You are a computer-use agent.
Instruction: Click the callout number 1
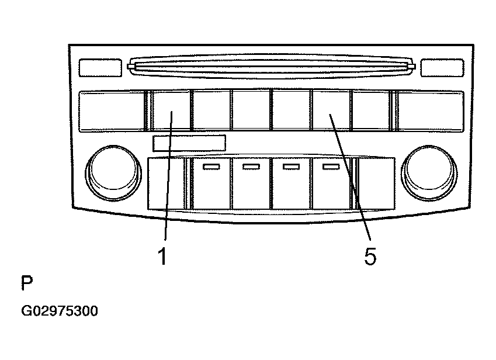(x=162, y=256)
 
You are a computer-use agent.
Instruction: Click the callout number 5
(x=370, y=256)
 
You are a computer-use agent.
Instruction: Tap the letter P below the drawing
(x=27, y=282)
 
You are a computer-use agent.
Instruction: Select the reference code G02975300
(x=60, y=311)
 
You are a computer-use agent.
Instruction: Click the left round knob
(x=113, y=173)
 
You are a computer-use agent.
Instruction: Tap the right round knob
(x=429, y=173)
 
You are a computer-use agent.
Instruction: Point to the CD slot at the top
(x=272, y=67)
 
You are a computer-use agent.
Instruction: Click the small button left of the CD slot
(x=100, y=67)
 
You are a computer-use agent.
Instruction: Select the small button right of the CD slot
(x=442, y=67)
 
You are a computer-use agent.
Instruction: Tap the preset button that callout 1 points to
(x=171, y=110)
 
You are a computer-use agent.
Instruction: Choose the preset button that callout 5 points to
(x=331, y=110)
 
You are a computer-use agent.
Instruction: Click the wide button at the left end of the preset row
(x=111, y=112)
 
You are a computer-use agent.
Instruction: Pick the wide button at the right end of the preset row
(x=431, y=112)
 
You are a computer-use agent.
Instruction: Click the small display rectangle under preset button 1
(x=189, y=143)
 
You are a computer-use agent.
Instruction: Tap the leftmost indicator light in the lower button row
(x=211, y=167)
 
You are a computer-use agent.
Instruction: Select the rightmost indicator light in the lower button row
(x=331, y=167)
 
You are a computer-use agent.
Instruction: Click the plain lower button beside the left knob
(x=166, y=184)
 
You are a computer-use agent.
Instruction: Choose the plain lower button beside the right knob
(x=377, y=184)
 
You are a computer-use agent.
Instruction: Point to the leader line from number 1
(x=168, y=175)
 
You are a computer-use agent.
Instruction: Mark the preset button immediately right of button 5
(x=371, y=110)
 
